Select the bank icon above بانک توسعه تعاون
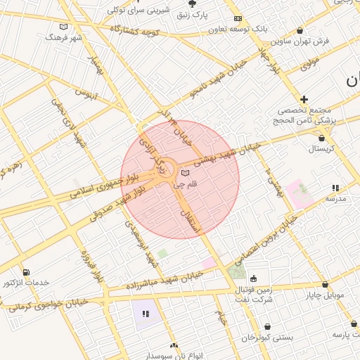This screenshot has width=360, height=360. [x=238, y=18]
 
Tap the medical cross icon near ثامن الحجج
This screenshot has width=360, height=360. [x=304, y=99]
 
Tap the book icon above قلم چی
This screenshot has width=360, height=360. [x=185, y=174]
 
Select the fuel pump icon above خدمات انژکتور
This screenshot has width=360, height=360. [x=26, y=272]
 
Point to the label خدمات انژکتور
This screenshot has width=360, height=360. [x=26, y=283]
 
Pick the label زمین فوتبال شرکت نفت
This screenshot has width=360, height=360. [x=254, y=293]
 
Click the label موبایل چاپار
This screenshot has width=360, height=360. [x=324, y=295]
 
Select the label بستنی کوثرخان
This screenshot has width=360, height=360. [x=267, y=337]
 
